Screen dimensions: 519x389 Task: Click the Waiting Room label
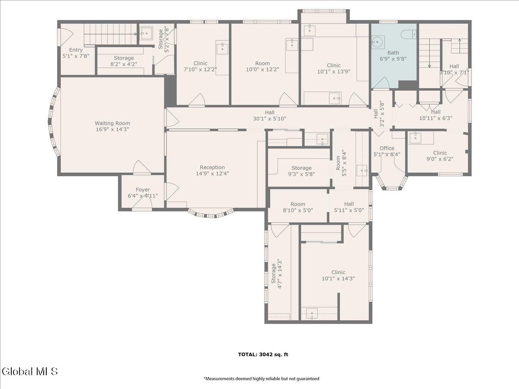[x=112, y=123]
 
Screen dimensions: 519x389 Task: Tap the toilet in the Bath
[x=409, y=34]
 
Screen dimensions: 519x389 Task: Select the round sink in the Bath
[x=378, y=42]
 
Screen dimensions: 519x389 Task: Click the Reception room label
[x=212, y=167]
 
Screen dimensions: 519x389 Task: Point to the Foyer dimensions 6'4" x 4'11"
[x=143, y=196]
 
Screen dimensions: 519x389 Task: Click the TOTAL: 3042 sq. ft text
[x=263, y=354]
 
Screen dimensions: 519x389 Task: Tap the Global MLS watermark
[x=29, y=372]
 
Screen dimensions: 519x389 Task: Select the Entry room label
[x=76, y=50]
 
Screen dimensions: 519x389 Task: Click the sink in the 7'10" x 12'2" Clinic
[x=222, y=47]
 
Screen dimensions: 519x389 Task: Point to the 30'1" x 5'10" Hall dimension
[x=269, y=118]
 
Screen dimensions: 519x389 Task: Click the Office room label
[x=387, y=148]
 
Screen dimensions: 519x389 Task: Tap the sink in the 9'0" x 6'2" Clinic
[x=415, y=138]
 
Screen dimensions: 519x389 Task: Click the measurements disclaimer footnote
[x=261, y=379]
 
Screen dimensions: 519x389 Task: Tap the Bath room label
[x=393, y=52]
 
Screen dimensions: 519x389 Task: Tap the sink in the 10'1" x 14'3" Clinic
[x=312, y=313]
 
